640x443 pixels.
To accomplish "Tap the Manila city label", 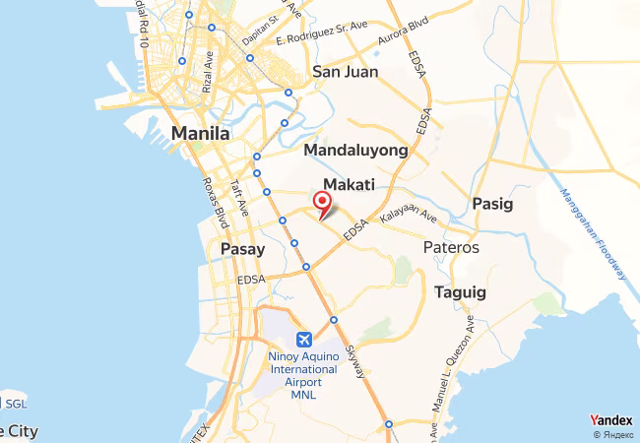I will [200, 133].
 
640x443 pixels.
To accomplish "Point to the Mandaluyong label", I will [355, 150].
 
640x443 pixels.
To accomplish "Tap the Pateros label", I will [451, 247].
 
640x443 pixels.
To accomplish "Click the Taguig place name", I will [460, 292].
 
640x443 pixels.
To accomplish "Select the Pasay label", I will [242, 249].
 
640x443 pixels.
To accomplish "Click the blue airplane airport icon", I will [303, 340].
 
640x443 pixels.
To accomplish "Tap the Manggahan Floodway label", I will [591, 231].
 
